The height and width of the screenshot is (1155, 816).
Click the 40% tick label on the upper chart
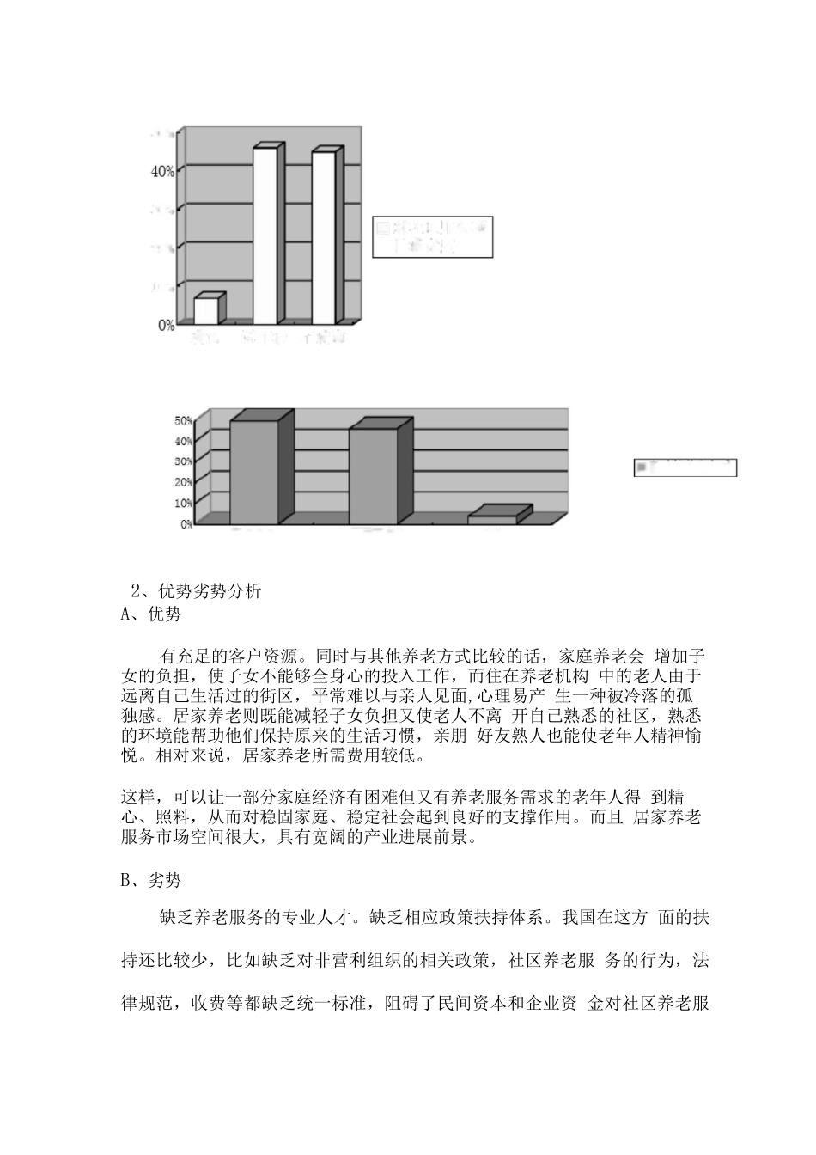click(162, 171)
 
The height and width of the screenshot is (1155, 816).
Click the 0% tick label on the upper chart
click(166, 325)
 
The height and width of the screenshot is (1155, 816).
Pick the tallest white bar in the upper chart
click(265, 235)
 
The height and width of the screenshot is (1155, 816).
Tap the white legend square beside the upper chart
click(381, 229)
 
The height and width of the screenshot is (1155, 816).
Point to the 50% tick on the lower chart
click(184, 420)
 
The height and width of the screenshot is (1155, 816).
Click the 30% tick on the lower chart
click(184, 461)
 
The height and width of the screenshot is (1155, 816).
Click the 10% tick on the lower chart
click(184, 502)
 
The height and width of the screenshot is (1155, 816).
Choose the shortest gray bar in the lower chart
click(492, 518)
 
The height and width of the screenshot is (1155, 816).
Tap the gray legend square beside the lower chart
click(641, 467)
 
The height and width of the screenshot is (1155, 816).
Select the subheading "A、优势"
click(152, 614)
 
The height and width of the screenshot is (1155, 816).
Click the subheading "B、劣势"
click(152, 881)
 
